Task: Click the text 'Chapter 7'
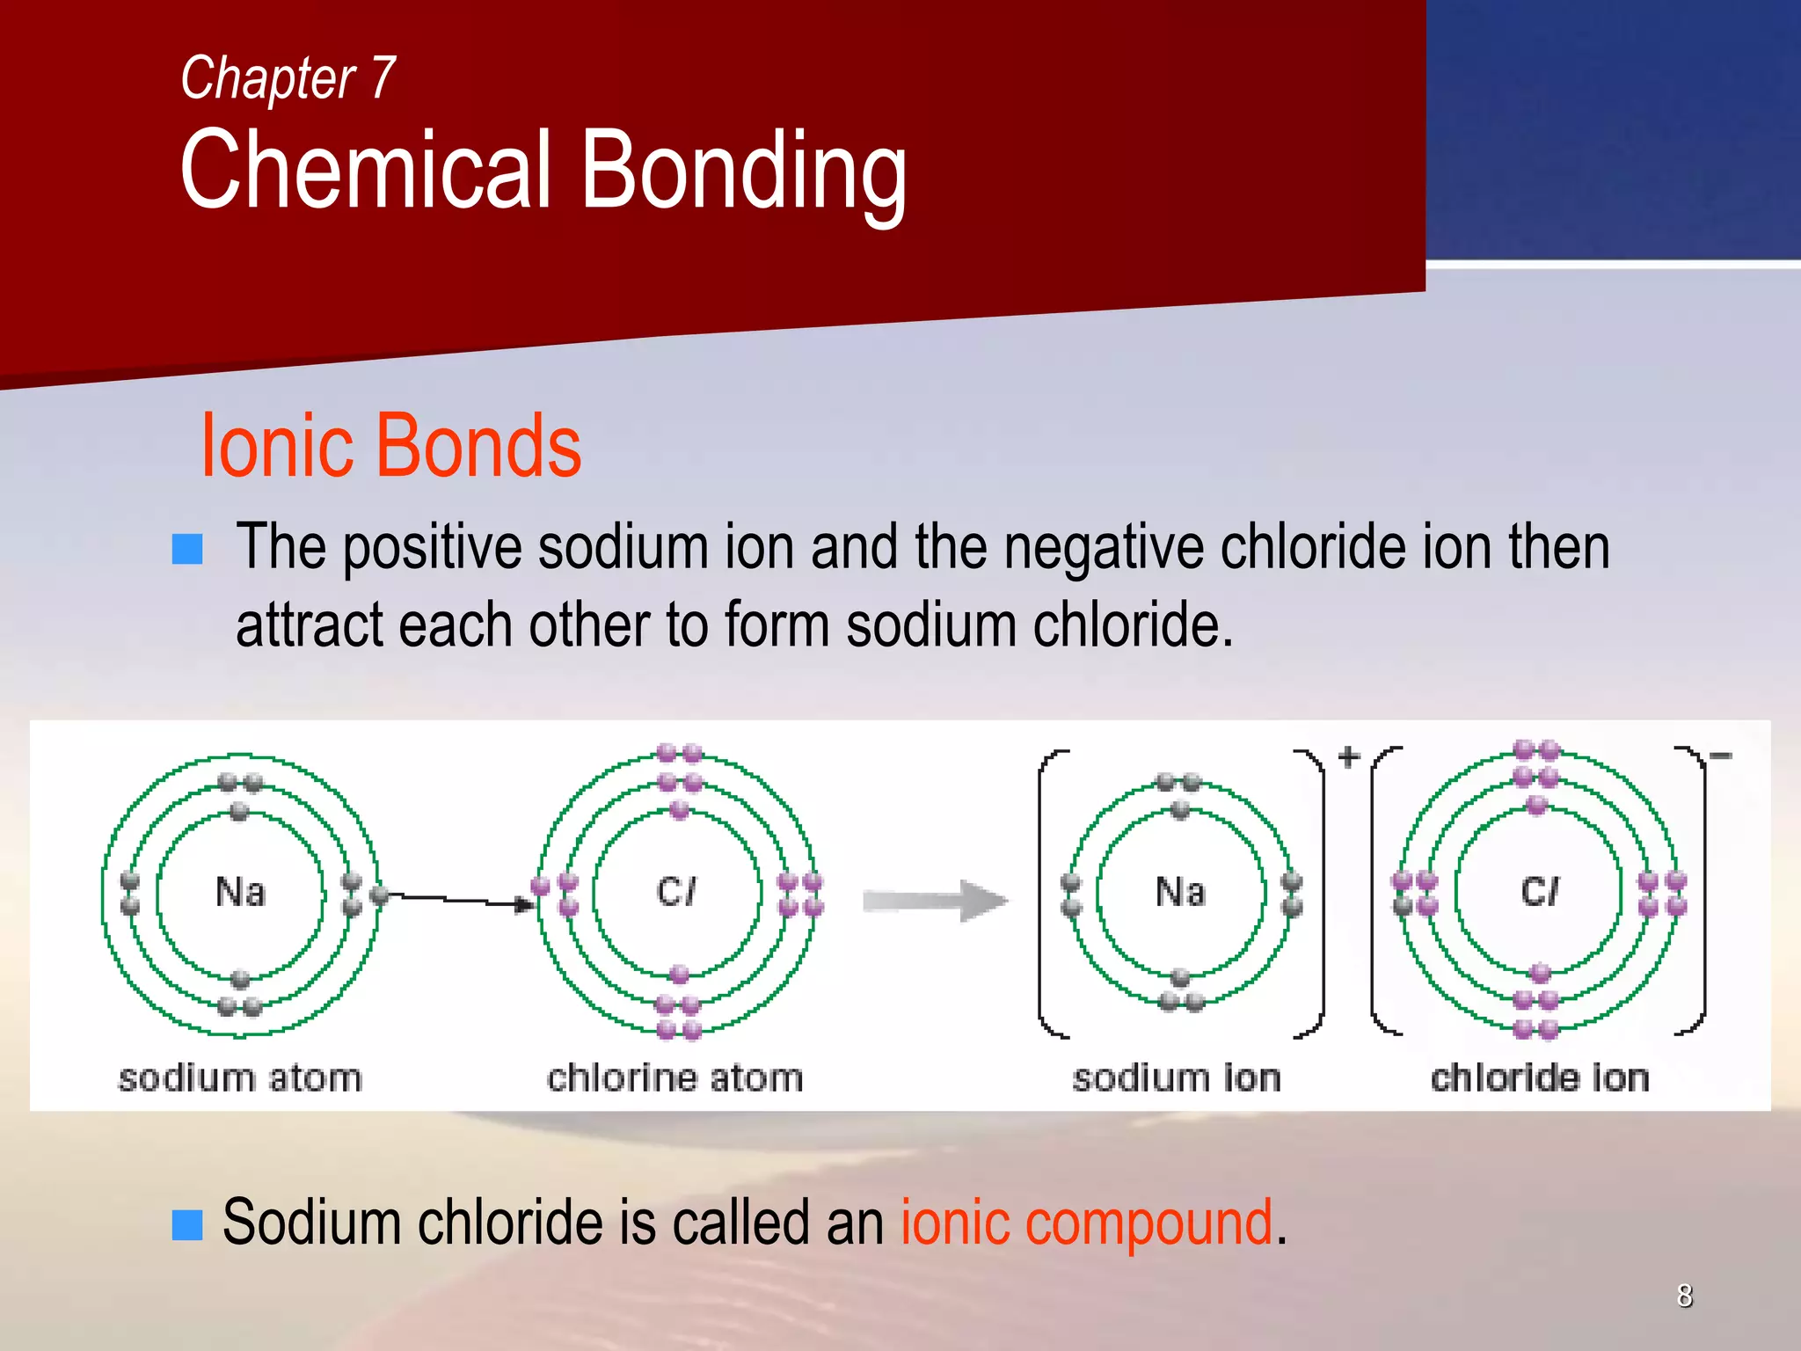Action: (288, 78)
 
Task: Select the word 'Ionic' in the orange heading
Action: (276, 446)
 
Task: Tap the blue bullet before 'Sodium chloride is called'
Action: (187, 1223)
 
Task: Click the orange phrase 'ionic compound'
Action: (1086, 1223)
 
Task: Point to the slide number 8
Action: (1684, 1296)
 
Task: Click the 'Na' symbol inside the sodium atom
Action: (240, 891)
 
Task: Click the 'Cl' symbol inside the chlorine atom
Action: (675, 891)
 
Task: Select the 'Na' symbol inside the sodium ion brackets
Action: (1180, 891)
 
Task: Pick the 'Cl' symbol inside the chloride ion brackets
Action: (1539, 891)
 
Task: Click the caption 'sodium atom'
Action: (240, 1077)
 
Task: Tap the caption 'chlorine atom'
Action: (675, 1077)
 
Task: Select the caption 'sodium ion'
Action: (1177, 1077)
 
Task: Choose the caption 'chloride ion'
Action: (1540, 1077)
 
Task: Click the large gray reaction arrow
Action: (935, 900)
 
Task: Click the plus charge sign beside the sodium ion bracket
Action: (1348, 756)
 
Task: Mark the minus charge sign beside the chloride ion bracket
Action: (1720, 755)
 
